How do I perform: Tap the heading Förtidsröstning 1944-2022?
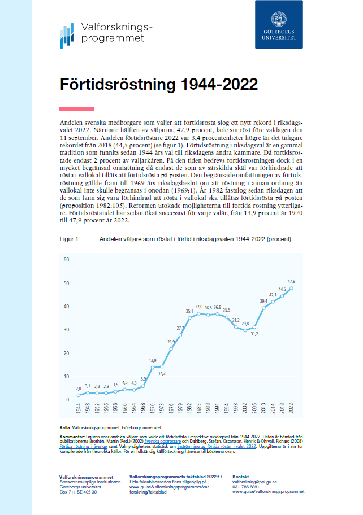159,85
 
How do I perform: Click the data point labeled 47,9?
292,288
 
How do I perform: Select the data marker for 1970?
153,368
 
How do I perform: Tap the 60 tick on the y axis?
66,260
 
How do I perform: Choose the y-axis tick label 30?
66,330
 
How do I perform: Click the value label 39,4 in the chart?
263,301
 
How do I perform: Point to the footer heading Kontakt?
241,477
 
